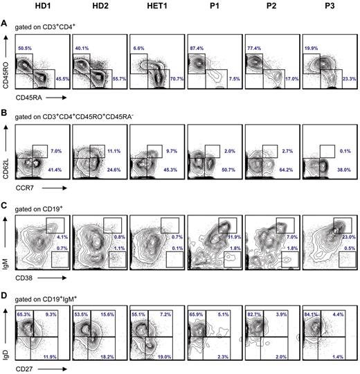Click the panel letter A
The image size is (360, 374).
pyautogui.click(x=5, y=23)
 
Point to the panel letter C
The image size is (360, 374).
pyautogui.click(x=5, y=205)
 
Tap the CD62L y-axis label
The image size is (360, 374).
pyautogui.click(x=6, y=163)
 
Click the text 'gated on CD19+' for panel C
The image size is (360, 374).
pyautogui.click(x=41, y=206)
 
